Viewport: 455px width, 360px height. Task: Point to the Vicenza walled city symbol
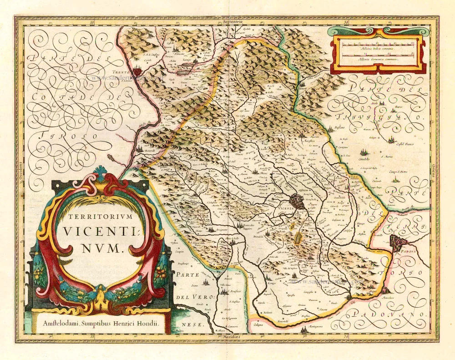pyautogui.click(x=297, y=201)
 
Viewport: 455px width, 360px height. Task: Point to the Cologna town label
pyautogui.click(x=259, y=324)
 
